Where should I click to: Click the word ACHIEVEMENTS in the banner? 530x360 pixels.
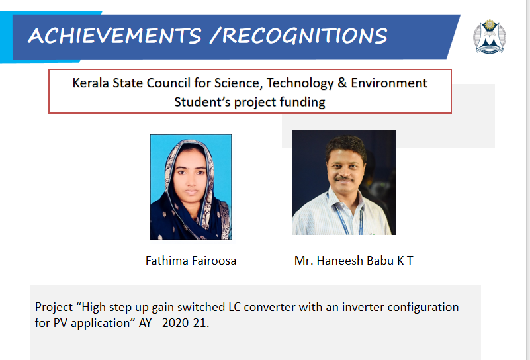coord(114,36)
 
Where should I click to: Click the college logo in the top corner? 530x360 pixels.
coord(490,36)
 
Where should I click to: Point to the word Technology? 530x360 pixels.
coord(300,83)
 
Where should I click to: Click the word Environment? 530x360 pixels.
coord(389,83)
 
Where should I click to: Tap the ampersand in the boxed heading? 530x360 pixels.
coord(342,83)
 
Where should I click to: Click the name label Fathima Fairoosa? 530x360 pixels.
coord(191,261)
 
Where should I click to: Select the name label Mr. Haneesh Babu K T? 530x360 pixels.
coord(353,261)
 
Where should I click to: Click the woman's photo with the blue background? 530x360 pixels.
coord(191,187)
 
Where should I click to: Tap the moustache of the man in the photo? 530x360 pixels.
coord(344,179)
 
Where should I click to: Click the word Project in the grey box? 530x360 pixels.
coord(54,307)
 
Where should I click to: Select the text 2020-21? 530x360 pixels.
coord(185,323)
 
